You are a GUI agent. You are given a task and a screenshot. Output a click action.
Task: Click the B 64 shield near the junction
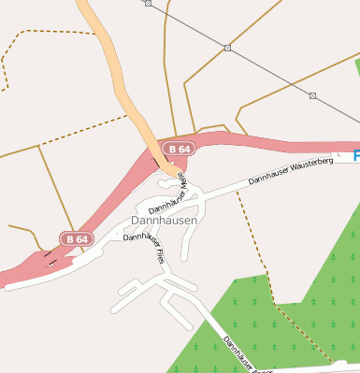[x=178, y=149]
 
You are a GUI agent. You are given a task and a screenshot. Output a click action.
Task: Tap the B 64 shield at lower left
[x=77, y=239]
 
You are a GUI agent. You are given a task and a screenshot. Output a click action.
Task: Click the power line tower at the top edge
[x=148, y=3]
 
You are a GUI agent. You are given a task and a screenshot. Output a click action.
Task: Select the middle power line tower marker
[x=227, y=48]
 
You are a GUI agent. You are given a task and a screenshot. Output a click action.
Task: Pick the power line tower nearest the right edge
[x=312, y=95]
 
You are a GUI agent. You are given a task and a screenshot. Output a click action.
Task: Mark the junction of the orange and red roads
[x=166, y=166]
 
